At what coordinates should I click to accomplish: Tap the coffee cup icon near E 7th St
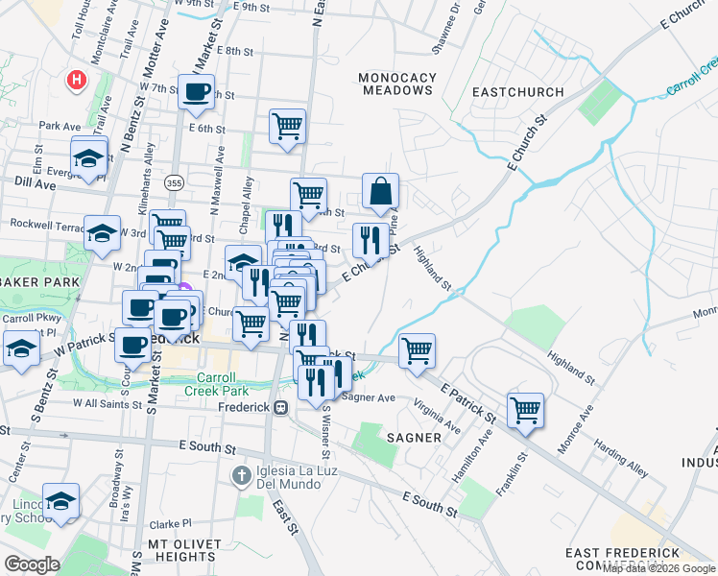(x=197, y=92)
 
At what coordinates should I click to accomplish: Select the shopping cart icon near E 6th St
(x=287, y=126)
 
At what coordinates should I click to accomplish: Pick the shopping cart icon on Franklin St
(x=525, y=411)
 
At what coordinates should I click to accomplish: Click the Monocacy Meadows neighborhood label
(x=396, y=84)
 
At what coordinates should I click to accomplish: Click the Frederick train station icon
(x=281, y=407)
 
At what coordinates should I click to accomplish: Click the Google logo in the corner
(x=32, y=564)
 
